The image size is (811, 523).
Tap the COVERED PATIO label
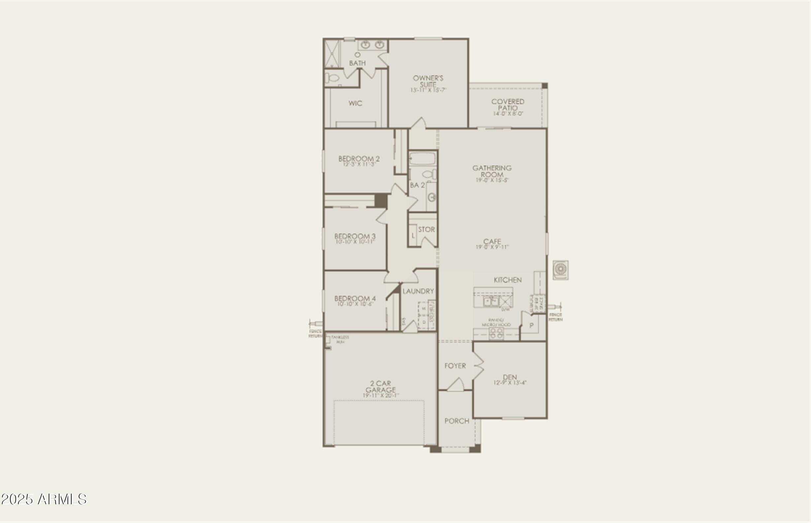pos(508,104)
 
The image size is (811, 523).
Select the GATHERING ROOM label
pos(492,171)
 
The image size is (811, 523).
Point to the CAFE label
pos(492,242)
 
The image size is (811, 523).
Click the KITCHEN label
pos(507,280)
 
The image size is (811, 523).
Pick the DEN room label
pos(510,377)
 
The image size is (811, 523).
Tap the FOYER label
pos(455,366)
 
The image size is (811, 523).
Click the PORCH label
pos(457,421)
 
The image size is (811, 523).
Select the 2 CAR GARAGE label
pos(380,387)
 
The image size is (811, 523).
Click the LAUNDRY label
pos(418,291)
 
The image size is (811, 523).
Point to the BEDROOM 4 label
pos(355,299)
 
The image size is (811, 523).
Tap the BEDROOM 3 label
pos(355,236)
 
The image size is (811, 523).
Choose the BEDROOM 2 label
pos(359,159)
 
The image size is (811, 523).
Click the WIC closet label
pos(355,103)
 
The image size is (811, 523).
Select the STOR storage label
pos(426,230)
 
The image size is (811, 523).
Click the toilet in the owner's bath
pos(332,78)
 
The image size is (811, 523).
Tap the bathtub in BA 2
pos(422,159)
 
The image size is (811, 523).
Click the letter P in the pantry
pos(531,325)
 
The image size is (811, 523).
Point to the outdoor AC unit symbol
pos(560,270)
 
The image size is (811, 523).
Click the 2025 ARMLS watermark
pos(44,499)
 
